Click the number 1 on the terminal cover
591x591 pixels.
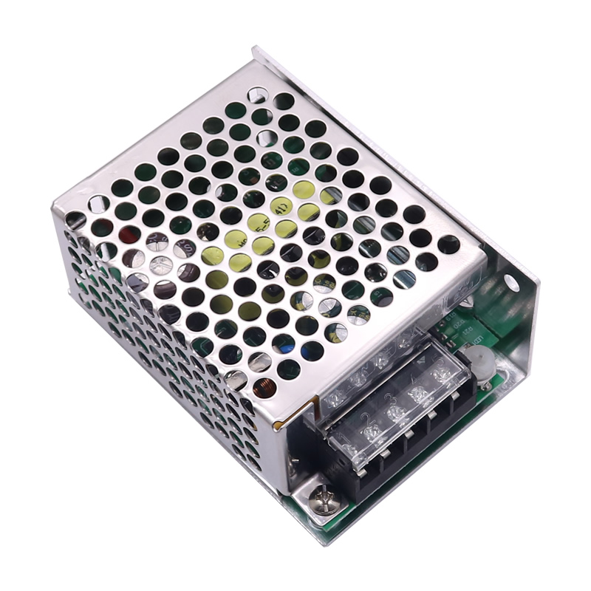click(342, 439)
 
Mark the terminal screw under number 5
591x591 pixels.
click(443, 375)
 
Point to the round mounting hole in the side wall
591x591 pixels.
click(510, 281)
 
